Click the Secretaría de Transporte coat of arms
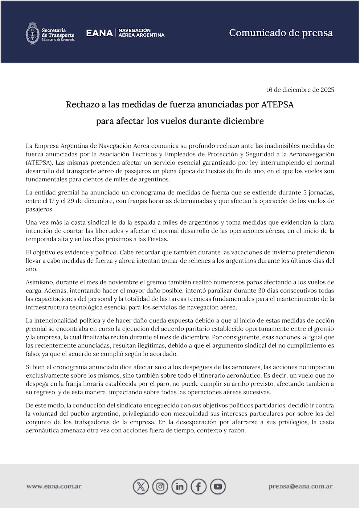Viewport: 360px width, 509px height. click(x=33, y=33)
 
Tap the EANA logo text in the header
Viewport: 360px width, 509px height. click(x=99, y=33)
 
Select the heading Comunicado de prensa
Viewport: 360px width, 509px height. click(x=281, y=33)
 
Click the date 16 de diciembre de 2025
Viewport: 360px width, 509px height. click(x=300, y=90)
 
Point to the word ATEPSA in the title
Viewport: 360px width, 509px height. click(x=277, y=105)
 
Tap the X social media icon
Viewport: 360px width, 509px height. click(x=141, y=487)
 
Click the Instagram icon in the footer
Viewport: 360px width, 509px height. click(x=160, y=487)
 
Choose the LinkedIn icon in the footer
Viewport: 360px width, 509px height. click(x=179, y=487)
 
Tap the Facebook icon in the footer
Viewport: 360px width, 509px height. click(x=199, y=487)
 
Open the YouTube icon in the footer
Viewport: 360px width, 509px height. click(x=218, y=487)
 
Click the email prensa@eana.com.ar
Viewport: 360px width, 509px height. click(x=300, y=487)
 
